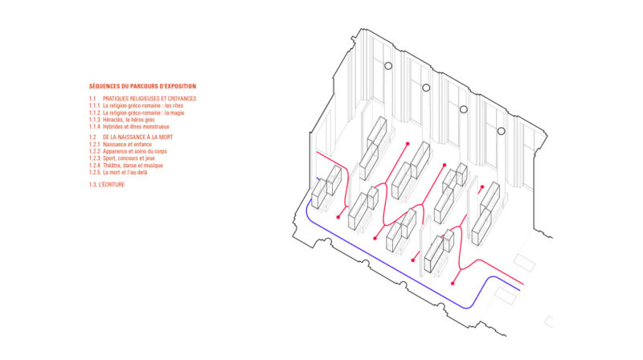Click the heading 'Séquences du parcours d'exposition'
click(142, 86)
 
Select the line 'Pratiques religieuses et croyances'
click(149, 98)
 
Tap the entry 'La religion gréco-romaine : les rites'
click(143, 106)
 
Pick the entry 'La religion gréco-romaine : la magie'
click(144, 112)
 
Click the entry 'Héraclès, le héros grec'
click(129, 120)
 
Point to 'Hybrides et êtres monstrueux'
click(136, 127)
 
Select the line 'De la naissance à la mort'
click(137, 137)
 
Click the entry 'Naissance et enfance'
click(127, 145)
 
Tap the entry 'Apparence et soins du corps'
click(135, 151)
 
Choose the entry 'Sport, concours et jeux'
click(129, 158)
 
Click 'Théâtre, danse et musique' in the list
click(133, 166)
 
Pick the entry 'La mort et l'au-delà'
click(125, 172)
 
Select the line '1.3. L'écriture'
click(107, 185)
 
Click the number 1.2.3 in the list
click(94, 158)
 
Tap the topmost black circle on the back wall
click(388, 66)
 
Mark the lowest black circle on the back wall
click(501, 131)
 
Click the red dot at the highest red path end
click(408, 144)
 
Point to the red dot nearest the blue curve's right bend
click(453, 284)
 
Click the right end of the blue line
click(520, 290)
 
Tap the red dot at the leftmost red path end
click(338, 217)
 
